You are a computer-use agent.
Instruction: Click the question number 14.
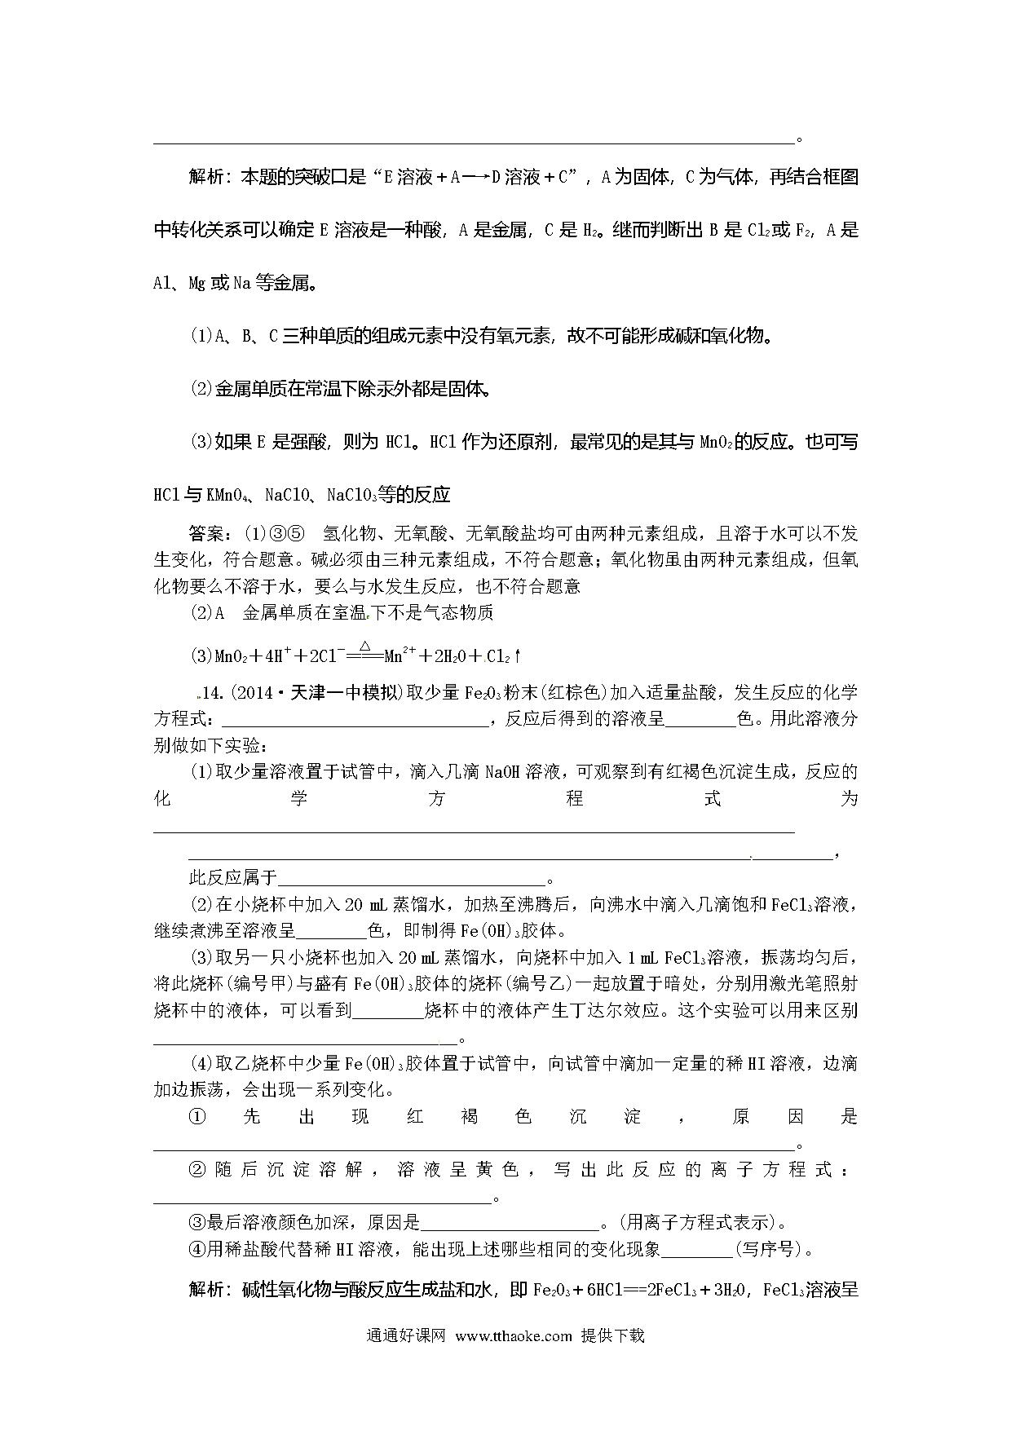pos(212,693)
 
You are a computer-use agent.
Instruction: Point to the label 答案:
pos(214,534)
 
